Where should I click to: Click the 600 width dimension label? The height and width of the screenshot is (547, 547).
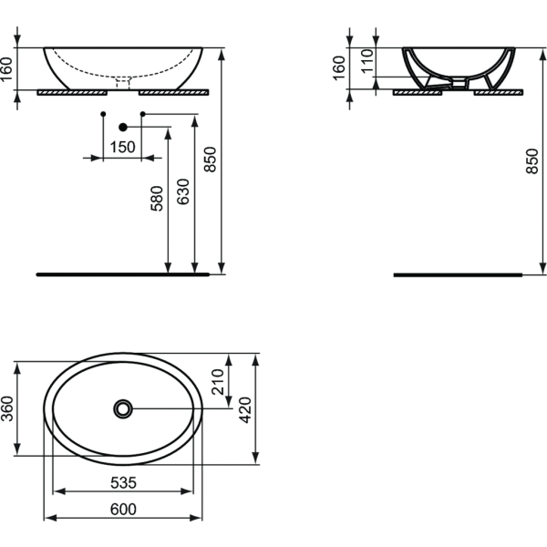[x=123, y=510]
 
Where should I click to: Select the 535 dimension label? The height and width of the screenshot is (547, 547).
[x=123, y=483]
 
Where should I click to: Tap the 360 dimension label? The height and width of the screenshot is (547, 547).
[x=7, y=408]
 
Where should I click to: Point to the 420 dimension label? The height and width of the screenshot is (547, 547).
[x=245, y=410]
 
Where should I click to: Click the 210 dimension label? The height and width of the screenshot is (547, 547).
[x=218, y=382]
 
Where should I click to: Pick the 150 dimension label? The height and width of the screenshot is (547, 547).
[x=122, y=147]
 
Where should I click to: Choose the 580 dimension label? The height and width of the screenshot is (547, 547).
[x=157, y=199]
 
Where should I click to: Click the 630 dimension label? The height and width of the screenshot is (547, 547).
[x=183, y=191]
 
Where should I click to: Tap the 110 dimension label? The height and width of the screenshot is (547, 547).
[x=367, y=61]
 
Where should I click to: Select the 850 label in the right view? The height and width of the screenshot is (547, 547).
[x=532, y=161]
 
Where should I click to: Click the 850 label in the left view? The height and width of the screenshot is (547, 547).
[x=211, y=160]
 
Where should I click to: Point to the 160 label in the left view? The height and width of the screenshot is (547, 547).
[x=6, y=69]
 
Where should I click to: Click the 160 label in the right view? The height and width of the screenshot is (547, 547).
[x=339, y=68]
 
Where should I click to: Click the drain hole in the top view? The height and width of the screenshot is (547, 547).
[x=123, y=408]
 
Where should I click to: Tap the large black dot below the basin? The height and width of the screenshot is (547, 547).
[x=123, y=128]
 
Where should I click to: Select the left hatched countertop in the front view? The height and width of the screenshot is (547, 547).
[x=72, y=92]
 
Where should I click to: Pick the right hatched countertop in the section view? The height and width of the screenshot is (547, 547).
[x=498, y=92]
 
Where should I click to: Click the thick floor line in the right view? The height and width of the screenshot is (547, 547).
[x=458, y=275]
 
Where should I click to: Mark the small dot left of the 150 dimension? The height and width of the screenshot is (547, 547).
[x=103, y=114]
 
